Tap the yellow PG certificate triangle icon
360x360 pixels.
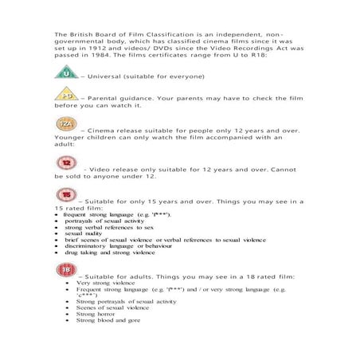pos(65,95)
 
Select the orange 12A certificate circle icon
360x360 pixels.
pos(65,125)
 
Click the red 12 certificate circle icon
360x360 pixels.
pos(66,162)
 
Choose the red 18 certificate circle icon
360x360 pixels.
pos(65,270)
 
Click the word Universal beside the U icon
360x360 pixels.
pos(101,76)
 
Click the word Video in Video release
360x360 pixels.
pos(102,168)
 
